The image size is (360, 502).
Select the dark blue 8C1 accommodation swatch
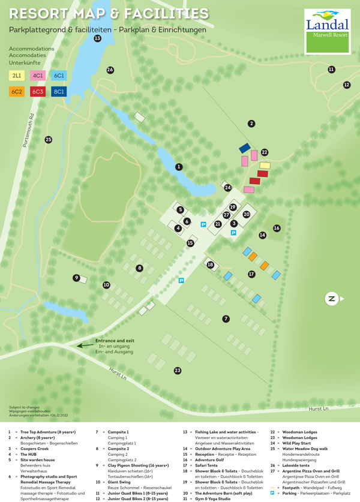pyautogui.click(x=59, y=91)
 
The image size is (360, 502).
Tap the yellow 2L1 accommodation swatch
pyautogui.click(x=16, y=76)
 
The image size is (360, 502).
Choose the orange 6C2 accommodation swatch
pyautogui.click(x=16, y=91)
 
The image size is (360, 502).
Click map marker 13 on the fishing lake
pyautogui.click(x=97, y=38)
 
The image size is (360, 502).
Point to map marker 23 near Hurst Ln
pyautogui.click(x=178, y=371)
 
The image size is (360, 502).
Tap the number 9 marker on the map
pyautogui.click(x=76, y=278)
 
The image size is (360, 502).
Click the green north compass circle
pyautogui.click(x=331, y=298)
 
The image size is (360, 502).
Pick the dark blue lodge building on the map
pyautogui.click(x=244, y=148)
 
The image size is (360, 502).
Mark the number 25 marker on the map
pyautogui.click(x=49, y=140)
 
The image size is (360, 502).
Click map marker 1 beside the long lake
pyautogui.click(x=178, y=166)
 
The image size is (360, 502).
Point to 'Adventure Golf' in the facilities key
pyautogui.click(x=212, y=459)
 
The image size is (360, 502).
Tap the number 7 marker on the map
pyautogui.click(x=226, y=318)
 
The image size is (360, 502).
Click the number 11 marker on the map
pyautogui.click(x=331, y=70)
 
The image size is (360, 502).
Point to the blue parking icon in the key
pyautogui.click(x=272, y=492)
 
